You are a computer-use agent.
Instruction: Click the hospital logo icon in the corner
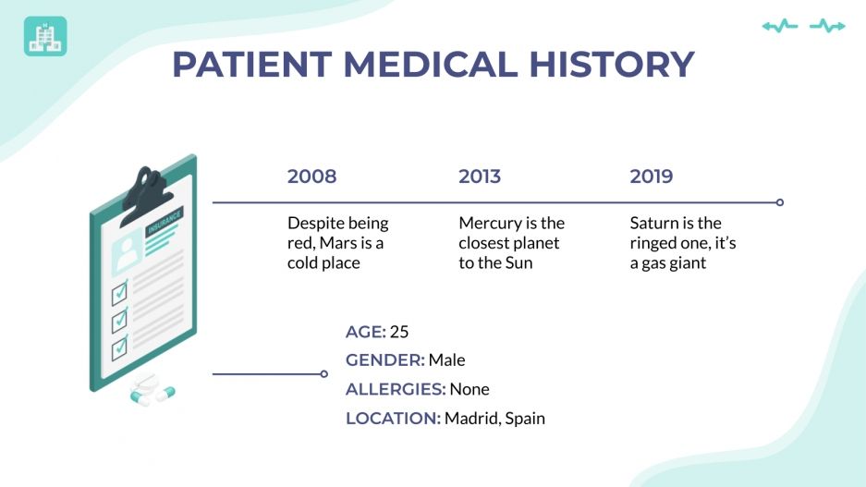(x=45, y=36)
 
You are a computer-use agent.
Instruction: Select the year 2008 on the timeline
(x=311, y=177)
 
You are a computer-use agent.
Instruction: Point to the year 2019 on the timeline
(x=652, y=177)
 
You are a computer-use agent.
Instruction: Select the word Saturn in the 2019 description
(x=654, y=224)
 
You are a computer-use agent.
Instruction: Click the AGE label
(x=365, y=332)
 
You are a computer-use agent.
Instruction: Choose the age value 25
(x=399, y=332)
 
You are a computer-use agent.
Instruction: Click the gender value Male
(x=446, y=360)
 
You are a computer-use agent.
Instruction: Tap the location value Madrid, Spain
(x=494, y=419)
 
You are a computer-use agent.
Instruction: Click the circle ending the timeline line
(x=780, y=201)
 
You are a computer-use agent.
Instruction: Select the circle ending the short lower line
(x=323, y=374)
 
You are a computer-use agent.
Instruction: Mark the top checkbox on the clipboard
(x=119, y=294)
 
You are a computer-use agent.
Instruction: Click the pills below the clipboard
(x=152, y=392)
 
